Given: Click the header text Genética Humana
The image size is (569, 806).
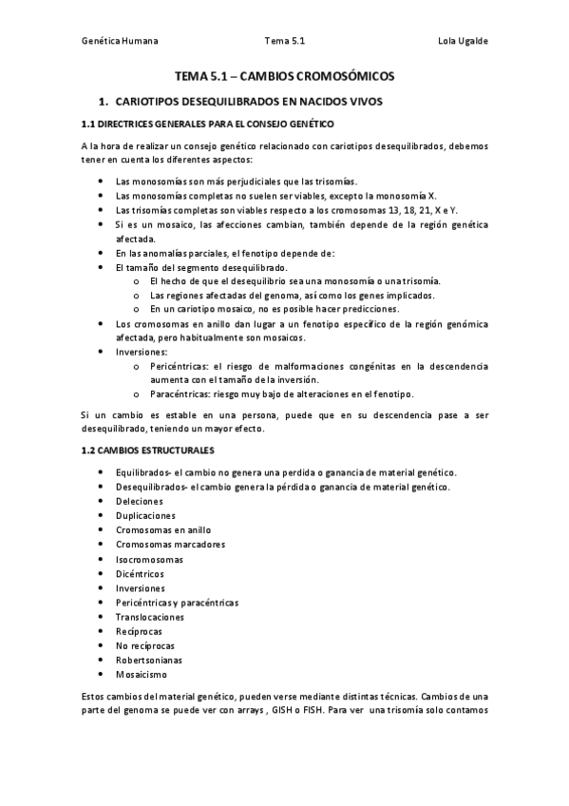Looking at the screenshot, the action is pos(120,41).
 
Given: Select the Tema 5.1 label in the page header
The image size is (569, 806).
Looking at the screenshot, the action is pos(285,41).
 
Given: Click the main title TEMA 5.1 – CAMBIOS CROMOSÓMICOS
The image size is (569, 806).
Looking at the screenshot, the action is pos(284,75).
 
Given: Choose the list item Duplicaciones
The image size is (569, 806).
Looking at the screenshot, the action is pos(144,515).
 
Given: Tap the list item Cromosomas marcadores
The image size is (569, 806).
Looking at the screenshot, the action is pos(170,545).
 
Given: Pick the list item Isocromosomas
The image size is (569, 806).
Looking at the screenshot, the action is pos(149,559).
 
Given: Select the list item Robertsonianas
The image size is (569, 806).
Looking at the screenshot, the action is pos(149,660).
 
